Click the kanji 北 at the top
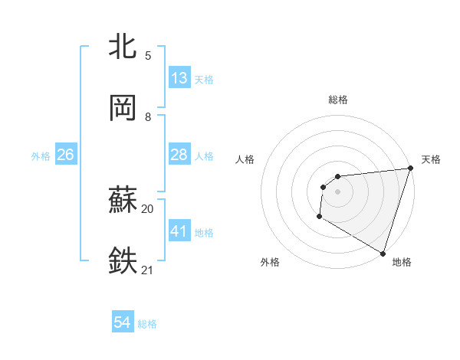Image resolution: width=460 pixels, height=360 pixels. coord(124,47)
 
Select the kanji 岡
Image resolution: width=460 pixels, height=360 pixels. coord(124,108)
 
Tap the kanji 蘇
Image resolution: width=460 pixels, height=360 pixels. coord(124,200)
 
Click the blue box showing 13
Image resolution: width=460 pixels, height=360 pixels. coord(179,78)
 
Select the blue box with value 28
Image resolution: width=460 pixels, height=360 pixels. coord(179,155)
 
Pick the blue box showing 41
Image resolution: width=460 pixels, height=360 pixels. coord(179,231)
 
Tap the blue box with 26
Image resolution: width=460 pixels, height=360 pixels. coord(65,155)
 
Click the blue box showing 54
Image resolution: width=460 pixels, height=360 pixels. coord(122,323)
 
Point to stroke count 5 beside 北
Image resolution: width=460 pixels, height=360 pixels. coord(148,55)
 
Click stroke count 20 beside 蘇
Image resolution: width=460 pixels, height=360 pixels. coord(148,208)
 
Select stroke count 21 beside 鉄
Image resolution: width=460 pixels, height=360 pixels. coord(148,270)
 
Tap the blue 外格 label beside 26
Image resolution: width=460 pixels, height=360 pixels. coord(41,155)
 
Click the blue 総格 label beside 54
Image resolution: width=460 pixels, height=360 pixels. coord(147,324)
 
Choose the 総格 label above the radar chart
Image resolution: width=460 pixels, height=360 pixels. coord(338,100)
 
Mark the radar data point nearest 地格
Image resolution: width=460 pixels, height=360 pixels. coord(383,253)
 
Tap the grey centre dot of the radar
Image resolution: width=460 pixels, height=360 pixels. coord(337,191)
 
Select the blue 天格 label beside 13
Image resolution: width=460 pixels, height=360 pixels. coord(204,79)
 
